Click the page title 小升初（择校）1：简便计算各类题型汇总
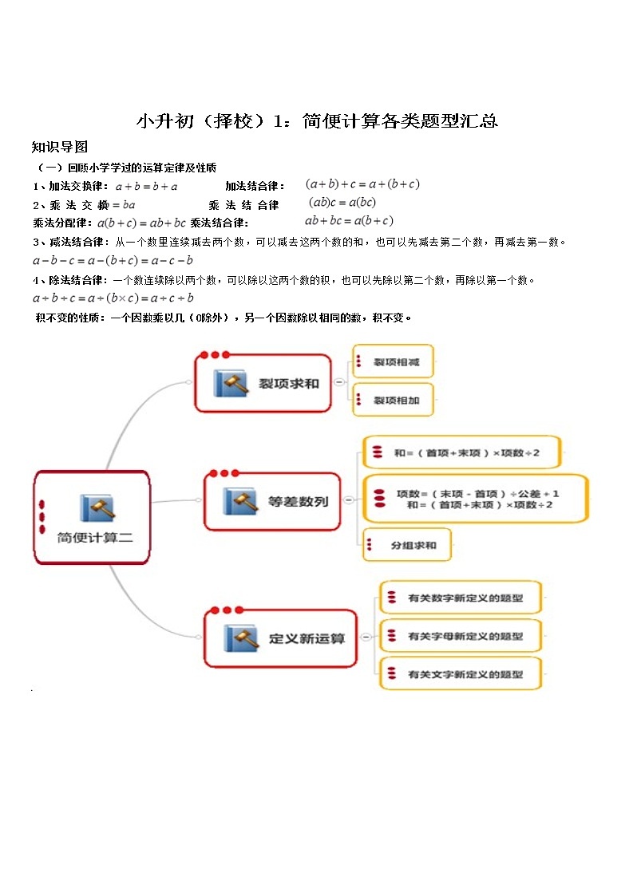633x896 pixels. point(317,120)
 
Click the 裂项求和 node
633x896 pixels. point(263,383)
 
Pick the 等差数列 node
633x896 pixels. point(272,501)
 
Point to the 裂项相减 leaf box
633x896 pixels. point(394,362)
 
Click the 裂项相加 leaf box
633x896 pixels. point(394,400)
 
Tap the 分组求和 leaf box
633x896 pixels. point(407,546)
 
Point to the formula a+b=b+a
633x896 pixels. point(146,186)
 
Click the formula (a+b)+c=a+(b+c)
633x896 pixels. point(362,184)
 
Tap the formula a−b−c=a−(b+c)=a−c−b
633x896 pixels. point(113,260)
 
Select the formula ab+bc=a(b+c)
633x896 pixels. point(349,221)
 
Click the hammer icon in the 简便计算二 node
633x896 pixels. point(97,508)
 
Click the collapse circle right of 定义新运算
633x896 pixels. point(365,637)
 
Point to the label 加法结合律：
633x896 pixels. point(255,186)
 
